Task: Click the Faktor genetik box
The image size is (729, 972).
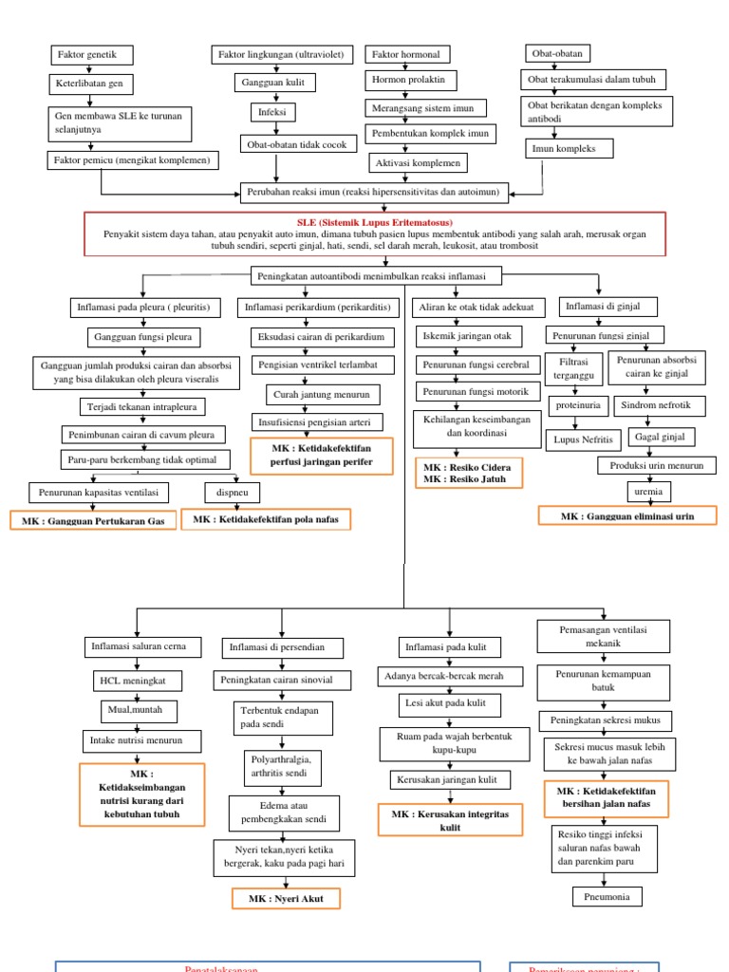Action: (89, 55)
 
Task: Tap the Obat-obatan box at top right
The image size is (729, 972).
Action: (559, 53)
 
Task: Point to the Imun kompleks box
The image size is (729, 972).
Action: (569, 148)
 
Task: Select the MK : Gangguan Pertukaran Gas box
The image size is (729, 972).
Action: (93, 521)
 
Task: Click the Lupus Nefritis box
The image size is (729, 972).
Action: (583, 439)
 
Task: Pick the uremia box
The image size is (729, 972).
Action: (648, 492)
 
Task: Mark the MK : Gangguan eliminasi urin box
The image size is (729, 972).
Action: (626, 515)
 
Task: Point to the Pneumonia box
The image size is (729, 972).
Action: (607, 896)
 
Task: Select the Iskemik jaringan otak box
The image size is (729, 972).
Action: (465, 336)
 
